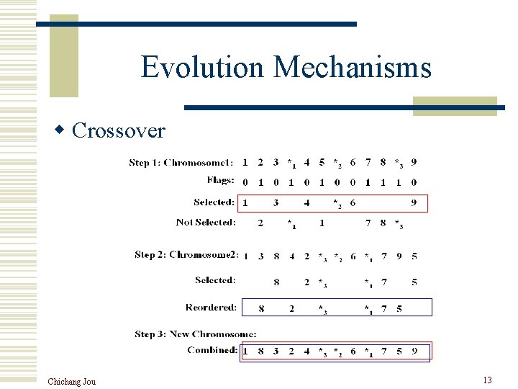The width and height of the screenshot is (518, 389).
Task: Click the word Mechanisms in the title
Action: coord(353,67)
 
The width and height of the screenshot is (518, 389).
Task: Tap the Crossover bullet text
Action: coord(119,130)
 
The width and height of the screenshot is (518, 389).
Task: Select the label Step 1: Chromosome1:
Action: coord(181,163)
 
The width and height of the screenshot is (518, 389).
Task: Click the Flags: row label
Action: coord(220,181)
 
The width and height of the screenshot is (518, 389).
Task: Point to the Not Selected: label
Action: coord(206,222)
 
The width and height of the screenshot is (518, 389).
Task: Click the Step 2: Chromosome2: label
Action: coord(186,255)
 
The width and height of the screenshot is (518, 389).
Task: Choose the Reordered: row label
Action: coord(211,308)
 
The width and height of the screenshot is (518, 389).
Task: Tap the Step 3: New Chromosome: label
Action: coord(196,334)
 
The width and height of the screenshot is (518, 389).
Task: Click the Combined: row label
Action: coord(212,350)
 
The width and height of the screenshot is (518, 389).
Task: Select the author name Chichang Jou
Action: coord(71,381)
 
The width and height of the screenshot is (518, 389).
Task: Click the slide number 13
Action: coord(487,380)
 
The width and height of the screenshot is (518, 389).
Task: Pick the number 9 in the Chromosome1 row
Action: coord(414,162)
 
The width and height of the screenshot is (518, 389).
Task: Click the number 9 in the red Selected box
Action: coord(414,203)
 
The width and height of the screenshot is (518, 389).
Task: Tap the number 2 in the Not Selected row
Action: coord(260,223)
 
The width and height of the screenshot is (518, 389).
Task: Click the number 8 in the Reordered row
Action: coord(261,308)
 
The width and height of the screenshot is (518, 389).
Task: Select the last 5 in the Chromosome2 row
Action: coord(414,256)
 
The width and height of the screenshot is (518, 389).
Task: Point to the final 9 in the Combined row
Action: coord(414,351)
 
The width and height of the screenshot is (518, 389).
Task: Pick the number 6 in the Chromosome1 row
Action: coord(353,162)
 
